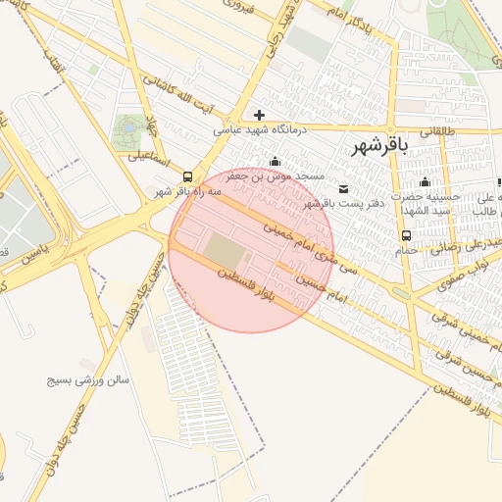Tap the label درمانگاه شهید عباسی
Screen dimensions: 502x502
tap(260, 128)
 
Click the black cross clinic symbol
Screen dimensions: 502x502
tap(259, 115)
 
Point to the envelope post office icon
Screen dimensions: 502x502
tap(342, 188)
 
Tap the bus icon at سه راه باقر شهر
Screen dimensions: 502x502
tap(187, 177)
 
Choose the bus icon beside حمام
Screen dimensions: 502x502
tap(406, 235)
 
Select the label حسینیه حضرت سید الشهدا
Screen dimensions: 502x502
tap(425, 203)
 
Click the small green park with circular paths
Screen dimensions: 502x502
tap(127, 128)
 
